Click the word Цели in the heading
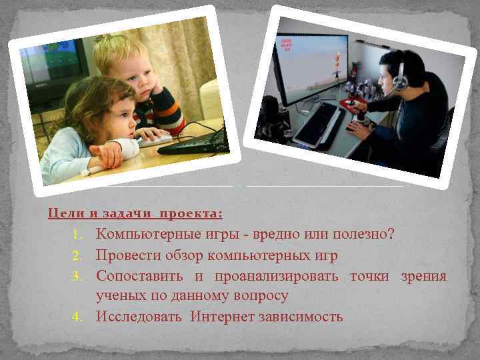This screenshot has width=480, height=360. click(x=64, y=214)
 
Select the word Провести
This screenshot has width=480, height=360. click(x=127, y=255)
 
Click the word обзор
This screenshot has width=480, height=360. click(x=183, y=255)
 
